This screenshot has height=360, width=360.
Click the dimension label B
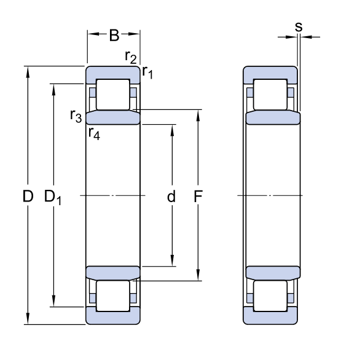(114, 36)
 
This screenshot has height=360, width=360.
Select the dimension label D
(28, 197)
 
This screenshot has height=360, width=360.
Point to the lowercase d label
(171, 197)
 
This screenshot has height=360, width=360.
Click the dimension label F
(198, 197)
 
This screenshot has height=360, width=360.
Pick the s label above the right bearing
(299, 26)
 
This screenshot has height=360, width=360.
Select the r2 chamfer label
(130, 58)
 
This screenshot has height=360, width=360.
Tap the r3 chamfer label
(76, 115)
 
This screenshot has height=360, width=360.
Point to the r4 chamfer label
(94, 133)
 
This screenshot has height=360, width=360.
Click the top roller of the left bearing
(113, 95)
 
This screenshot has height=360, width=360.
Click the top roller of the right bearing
(270, 95)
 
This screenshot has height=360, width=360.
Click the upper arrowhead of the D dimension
(28, 71)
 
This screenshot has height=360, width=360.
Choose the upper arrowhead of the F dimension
(198, 115)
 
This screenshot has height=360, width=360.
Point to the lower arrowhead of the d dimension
(172, 262)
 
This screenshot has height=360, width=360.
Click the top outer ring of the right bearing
(270, 72)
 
